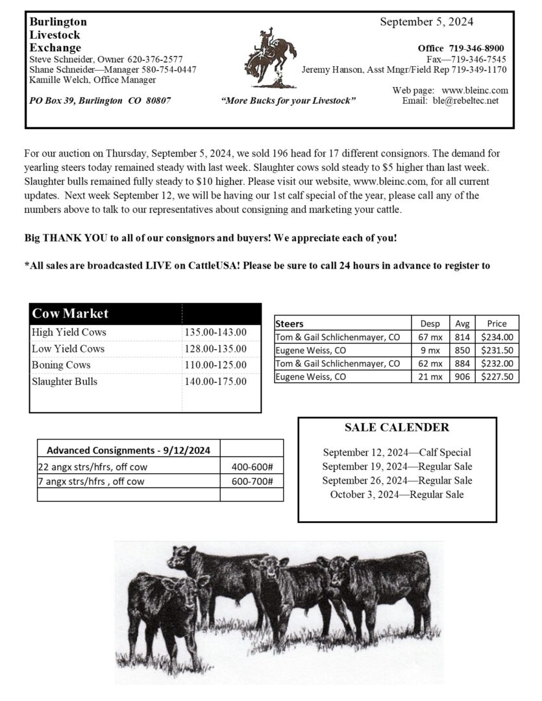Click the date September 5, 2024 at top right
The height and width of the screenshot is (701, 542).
426,22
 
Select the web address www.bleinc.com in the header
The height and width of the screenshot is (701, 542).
474,90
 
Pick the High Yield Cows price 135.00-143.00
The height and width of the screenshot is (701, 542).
216,332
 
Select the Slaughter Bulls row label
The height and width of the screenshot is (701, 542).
64,382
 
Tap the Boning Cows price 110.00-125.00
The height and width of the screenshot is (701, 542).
216,365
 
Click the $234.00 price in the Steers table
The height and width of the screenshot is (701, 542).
497,337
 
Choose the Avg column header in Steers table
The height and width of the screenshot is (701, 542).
462,323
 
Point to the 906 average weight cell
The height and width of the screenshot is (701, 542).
462,376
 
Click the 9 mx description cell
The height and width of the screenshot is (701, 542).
430,350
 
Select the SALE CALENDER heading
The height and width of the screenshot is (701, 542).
397,427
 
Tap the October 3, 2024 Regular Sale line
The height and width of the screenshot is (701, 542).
397,495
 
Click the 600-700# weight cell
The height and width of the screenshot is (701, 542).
252,481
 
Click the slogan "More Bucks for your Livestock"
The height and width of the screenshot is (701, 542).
288,101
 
